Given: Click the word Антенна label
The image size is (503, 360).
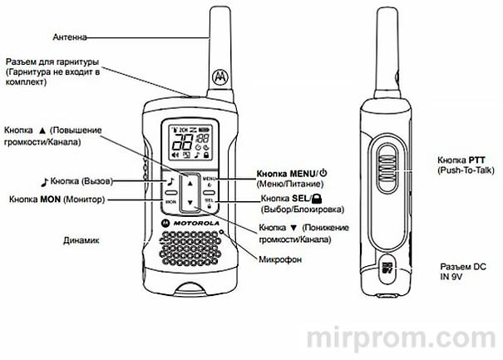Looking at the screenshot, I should tap(68, 36).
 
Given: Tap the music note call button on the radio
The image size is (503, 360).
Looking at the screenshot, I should tap(170, 181).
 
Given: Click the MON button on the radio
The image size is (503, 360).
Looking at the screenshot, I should tap(170, 200).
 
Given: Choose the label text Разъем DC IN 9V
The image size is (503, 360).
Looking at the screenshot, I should tap(463, 271).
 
